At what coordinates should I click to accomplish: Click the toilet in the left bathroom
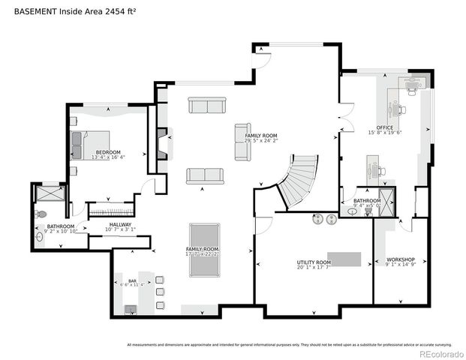[41, 214]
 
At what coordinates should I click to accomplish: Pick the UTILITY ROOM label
[313, 262]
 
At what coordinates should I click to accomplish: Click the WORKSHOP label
[400, 259]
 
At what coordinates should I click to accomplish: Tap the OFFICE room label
[384, 127]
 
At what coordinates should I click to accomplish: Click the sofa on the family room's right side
[242, 142]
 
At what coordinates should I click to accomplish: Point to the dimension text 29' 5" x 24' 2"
[261, 140]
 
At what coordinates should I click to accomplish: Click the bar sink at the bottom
[131, 309]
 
